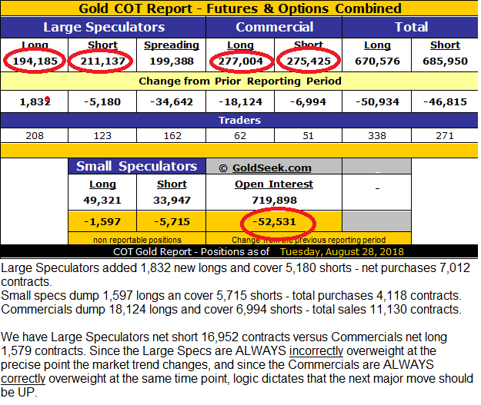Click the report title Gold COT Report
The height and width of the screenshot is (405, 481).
coord(240,8)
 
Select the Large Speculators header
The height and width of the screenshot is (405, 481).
coord(104,27)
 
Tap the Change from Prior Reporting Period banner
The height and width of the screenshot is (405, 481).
coord(240,81)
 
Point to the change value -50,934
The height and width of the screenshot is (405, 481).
coord(377,101)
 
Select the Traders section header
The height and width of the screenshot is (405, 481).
coord(240,121)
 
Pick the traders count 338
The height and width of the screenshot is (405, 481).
coord(377,136)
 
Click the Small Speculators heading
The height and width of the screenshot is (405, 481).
coord(137,167)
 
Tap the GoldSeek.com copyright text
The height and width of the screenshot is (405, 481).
coord(266,168)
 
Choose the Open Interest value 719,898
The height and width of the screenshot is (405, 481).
coord(275,201)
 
